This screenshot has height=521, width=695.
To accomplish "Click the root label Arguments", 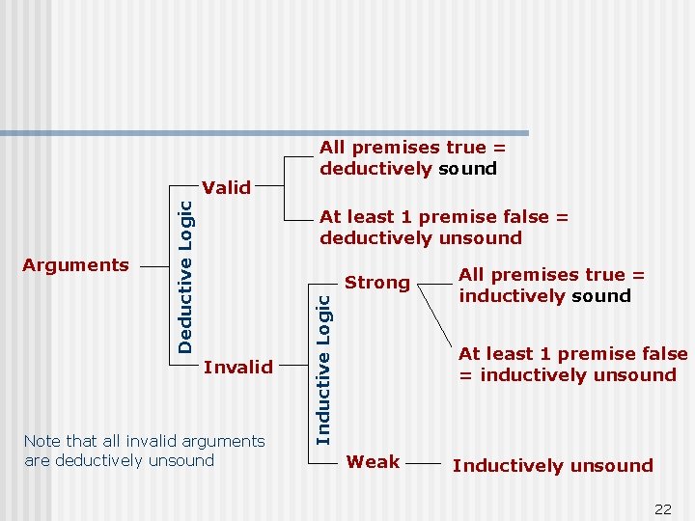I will pyautogui.click(x=75, y=265).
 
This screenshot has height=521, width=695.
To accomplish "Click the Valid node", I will pyautogui.click(x=227, y=187).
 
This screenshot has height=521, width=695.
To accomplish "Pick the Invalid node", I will pyautogui.click(x=238, y=367).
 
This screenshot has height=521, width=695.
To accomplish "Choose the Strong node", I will pyautogui.click(x=377, y=283).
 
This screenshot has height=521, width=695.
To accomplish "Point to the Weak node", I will pyautogui.click(x=373, y=462).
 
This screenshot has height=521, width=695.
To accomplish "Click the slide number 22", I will pyautogui.click(x=662, y=509).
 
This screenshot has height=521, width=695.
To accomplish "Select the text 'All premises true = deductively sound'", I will pyautogui.click(x=413, y=158).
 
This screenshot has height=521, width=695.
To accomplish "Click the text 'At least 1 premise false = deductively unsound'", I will pyautogui.click(x=444, y=228).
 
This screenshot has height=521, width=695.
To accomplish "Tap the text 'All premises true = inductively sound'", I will pyautogui.click(x=551, y=286).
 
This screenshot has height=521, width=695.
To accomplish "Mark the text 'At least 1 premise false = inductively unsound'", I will pyautogui.click(x=572, y=365).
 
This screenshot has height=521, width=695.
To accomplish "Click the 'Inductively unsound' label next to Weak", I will pyautogui.click(x=552, y=466).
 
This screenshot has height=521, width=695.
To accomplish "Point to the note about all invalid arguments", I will pyautogui.click(x=144, y=451).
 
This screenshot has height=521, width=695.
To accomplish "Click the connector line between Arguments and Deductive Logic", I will pyautogui.click(x=154, y=264).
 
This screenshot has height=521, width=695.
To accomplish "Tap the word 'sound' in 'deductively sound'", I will pyautogui.click(x=467, y=169).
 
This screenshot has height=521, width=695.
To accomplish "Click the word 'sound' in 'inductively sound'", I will pyautogui.click(x=600, y=296).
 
